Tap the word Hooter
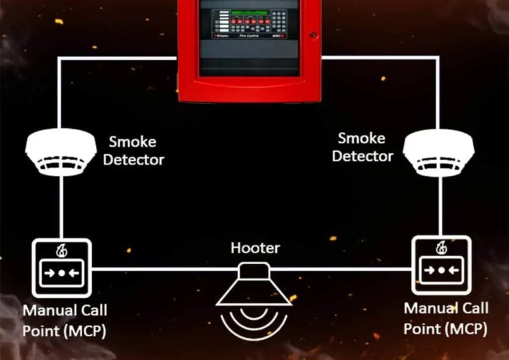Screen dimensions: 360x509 click(255, 248)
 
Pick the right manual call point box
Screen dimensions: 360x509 click(442, 266)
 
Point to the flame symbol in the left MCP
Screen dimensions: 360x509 click(61, 251)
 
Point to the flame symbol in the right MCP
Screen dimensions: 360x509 click(442, 249)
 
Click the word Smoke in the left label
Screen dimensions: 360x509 click(132, 141)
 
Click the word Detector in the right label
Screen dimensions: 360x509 click(362, 157)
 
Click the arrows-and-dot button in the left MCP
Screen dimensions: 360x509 click(61, 272)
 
